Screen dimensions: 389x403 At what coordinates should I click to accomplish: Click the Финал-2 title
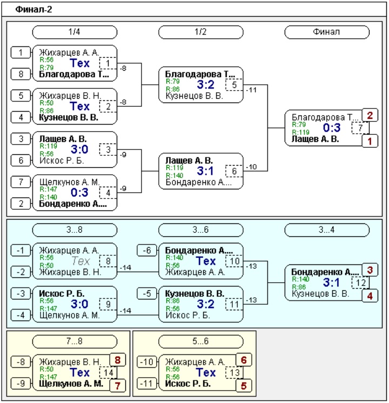33,10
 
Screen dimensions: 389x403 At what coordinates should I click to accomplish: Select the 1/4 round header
75,32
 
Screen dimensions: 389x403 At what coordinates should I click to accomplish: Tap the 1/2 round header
201,32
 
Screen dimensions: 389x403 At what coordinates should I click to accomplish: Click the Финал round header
327,32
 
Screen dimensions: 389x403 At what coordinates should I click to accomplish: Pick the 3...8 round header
75,229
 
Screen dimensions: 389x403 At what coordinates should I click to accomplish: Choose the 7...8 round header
75,341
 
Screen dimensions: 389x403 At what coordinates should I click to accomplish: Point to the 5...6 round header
201,341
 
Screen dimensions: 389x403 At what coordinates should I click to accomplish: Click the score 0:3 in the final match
332,128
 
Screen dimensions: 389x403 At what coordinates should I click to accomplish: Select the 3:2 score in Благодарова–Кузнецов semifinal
205,85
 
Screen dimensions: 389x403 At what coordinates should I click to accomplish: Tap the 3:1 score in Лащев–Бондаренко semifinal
205,171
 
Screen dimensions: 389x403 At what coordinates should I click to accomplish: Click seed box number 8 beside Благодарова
21,74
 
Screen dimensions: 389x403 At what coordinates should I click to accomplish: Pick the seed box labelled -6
147,250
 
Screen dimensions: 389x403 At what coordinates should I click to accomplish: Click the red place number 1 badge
370,141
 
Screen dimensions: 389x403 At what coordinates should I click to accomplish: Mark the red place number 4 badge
370,296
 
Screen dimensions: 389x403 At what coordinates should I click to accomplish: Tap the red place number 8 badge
118,360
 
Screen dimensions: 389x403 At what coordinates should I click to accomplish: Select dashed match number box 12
360,283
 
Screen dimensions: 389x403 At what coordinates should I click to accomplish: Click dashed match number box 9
108,304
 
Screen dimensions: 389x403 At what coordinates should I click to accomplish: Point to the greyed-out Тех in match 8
81,261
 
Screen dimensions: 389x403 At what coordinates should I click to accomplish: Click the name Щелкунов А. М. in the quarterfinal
69,182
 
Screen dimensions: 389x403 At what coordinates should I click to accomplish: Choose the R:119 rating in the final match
300,132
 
